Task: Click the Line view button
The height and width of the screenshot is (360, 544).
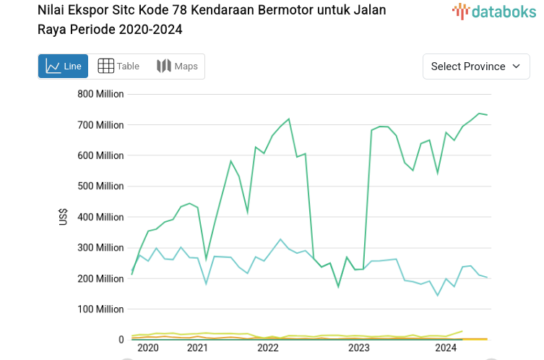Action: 63,67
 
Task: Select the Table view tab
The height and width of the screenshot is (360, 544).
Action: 118,67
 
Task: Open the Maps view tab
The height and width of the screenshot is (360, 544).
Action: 177,67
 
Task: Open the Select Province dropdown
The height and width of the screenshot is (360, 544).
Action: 475,67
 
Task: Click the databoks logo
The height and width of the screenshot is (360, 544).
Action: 494,11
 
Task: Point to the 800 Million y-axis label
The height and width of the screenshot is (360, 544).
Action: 100,94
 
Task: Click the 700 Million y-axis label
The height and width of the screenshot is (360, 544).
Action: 100,125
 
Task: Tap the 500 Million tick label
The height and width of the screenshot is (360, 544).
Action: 100,187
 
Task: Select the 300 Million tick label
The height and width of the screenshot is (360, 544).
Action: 100,248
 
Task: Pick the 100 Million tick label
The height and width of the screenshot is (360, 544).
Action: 100,309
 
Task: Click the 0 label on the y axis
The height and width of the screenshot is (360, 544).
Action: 121,340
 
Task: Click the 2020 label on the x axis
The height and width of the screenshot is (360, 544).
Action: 147,348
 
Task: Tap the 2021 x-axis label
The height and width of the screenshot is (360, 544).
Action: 197,348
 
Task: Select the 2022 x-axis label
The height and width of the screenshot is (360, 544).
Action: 267,348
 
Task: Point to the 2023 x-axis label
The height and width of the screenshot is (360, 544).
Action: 358,348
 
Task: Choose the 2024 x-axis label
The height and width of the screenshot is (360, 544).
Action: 446,348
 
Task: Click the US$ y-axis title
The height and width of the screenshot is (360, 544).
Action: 64,217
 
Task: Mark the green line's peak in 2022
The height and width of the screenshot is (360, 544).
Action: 289,119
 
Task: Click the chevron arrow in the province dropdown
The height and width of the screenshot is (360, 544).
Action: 516,67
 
